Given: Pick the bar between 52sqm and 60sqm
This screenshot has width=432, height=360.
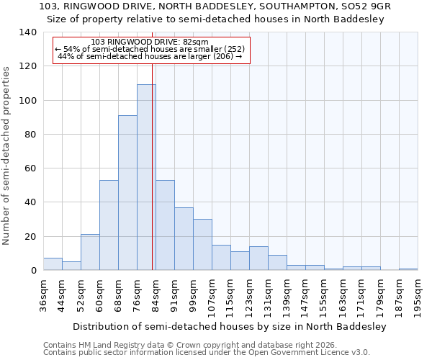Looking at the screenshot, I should tap(90, 252).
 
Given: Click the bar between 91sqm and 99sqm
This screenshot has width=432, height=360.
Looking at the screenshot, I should tap(184, 239).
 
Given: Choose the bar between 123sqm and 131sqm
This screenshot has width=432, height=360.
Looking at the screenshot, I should tap(258, 258).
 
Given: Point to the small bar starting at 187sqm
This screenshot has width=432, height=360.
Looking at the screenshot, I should tap(408, 269).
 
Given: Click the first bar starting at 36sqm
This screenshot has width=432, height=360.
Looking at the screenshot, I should tap(53, 264).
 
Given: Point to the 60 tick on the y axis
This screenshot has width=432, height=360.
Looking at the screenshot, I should tap(30, 168).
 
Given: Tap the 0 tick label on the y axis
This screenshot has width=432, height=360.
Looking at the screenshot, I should tap(33, 271).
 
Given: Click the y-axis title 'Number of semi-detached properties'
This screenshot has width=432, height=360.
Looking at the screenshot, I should tap(7, 156).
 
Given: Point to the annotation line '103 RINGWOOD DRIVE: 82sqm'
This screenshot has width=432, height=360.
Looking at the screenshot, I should tap(150, 42).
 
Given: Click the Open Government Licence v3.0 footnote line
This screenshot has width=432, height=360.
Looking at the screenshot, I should tap(207, 352).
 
